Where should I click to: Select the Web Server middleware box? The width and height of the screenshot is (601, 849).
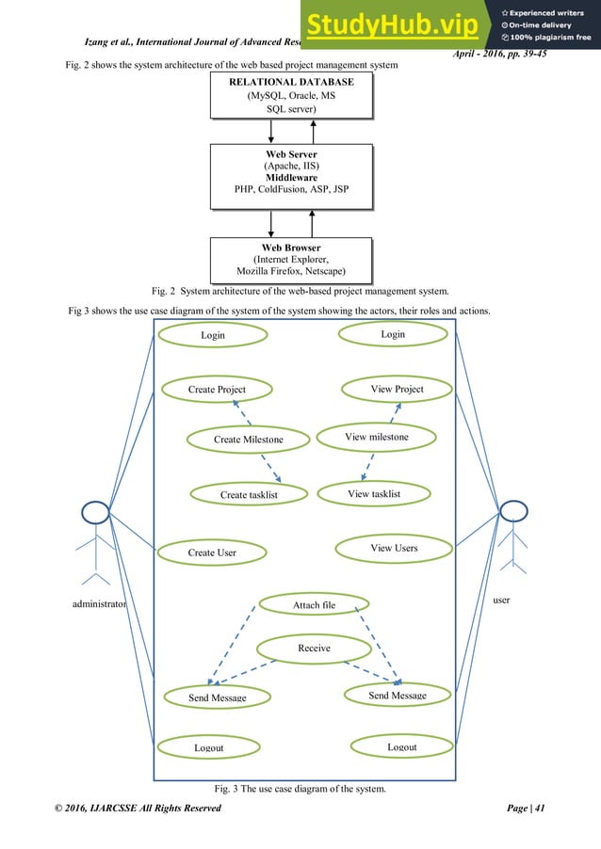pos(290,176)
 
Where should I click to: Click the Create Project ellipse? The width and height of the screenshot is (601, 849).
pos(217,389)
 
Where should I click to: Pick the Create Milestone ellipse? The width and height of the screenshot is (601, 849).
pos(248,439)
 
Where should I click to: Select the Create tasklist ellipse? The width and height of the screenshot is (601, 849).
pos(249,493)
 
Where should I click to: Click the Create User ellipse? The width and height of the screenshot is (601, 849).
pos(212,552)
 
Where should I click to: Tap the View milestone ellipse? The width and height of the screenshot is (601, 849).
pos(376,437)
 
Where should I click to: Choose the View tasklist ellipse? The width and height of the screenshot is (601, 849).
pos(374,492)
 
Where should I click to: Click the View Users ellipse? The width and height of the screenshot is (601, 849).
pos(393,547)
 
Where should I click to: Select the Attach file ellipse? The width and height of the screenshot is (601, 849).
pos(314,603)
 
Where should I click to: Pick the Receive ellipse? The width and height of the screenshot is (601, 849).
pos(314,648)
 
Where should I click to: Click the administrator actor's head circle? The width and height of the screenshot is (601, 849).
pos(95,513)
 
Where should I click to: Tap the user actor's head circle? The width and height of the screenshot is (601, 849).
pos(512,511)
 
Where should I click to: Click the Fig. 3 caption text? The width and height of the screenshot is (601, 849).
pos(300,788)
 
